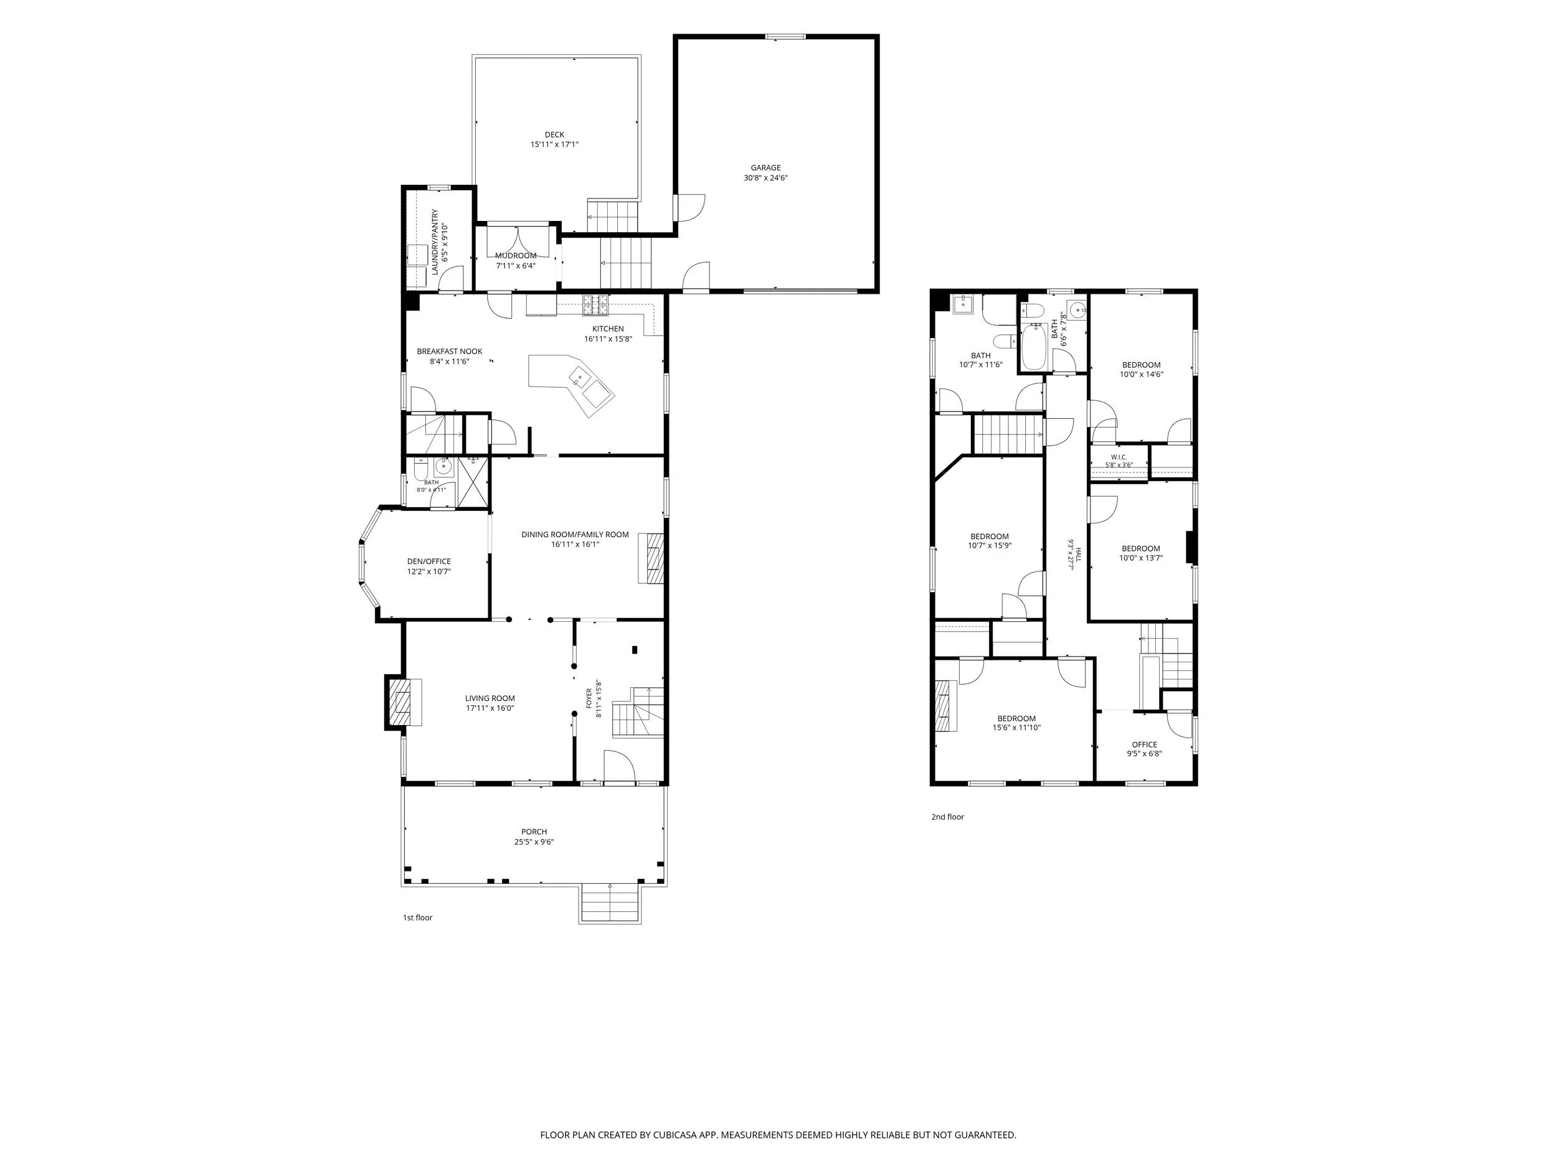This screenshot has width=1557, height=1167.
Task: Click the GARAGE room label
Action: [765, 167]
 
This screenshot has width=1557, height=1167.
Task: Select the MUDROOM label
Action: [515, 255]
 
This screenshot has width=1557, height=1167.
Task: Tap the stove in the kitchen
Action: [595, 304]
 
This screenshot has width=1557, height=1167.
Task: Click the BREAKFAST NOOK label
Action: [449, 351]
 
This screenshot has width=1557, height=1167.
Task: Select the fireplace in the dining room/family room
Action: [652, 558]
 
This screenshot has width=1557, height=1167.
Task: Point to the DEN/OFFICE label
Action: [428, 561]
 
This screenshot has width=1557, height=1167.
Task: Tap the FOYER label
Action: [590, 698]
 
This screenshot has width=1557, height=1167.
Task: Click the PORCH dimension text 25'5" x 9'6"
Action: [534, 842]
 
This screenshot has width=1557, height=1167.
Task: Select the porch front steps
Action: [610, 903]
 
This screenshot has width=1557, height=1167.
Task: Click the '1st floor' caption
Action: [417, 917]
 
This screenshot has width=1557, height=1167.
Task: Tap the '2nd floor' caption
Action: [947, 817]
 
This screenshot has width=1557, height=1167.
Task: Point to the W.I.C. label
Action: [1119, 456]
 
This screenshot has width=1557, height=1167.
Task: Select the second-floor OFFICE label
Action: [1145, 744]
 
